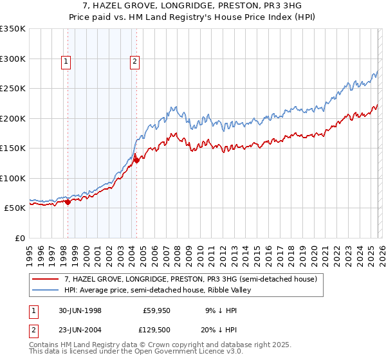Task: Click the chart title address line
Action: click(x=193, y=6)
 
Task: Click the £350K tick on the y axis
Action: click(x=13, y=29)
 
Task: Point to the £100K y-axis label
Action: click(x=13, y=178)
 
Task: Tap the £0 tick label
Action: click(x=19, y=238)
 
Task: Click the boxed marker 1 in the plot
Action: click(x=66, y=62)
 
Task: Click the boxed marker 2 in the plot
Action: click(x=134, y=62)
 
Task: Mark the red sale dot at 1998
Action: click(x=68, y=202)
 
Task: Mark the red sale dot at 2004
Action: click(x=136, y=161)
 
